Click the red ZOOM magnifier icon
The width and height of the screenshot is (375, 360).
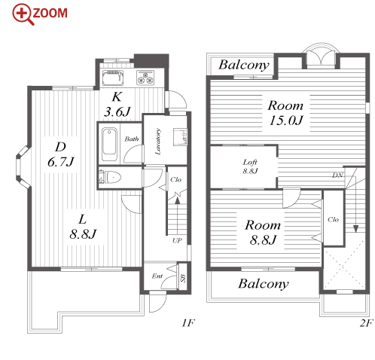[x=23, y=14]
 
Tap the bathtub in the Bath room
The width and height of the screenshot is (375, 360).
[x=109, y=145]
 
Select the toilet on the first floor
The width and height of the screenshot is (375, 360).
[x=110, y=177]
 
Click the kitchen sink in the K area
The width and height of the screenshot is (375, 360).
[x=113, y=78]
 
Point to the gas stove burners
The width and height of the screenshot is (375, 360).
[x=145, y=77]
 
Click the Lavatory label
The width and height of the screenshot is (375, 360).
[x=158, y=142]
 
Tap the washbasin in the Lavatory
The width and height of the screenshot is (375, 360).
[x=180, y=137]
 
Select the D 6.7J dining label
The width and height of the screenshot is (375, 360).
[x=61, y=154]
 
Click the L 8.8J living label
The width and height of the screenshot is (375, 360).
[x=83, y=227]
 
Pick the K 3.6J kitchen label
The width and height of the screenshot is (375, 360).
[x=117, y=104]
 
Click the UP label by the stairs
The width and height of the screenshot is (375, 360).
[x=177, y=240]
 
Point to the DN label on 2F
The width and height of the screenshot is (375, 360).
[x=337, y=175]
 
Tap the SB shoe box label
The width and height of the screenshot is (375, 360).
[x=183, y=278]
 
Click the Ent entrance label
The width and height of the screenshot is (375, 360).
[x=157, y=276]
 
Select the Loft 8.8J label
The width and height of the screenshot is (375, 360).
[x=250, y=166]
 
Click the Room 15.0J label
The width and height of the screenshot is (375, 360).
[x=285, y=113]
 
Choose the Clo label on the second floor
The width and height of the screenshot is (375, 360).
[x=333, y=220]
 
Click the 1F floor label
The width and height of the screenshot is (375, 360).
[x=188, y=323]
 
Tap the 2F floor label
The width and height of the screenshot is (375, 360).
[x=366, y=323]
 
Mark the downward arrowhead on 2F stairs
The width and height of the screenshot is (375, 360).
[x=355, y=229]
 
